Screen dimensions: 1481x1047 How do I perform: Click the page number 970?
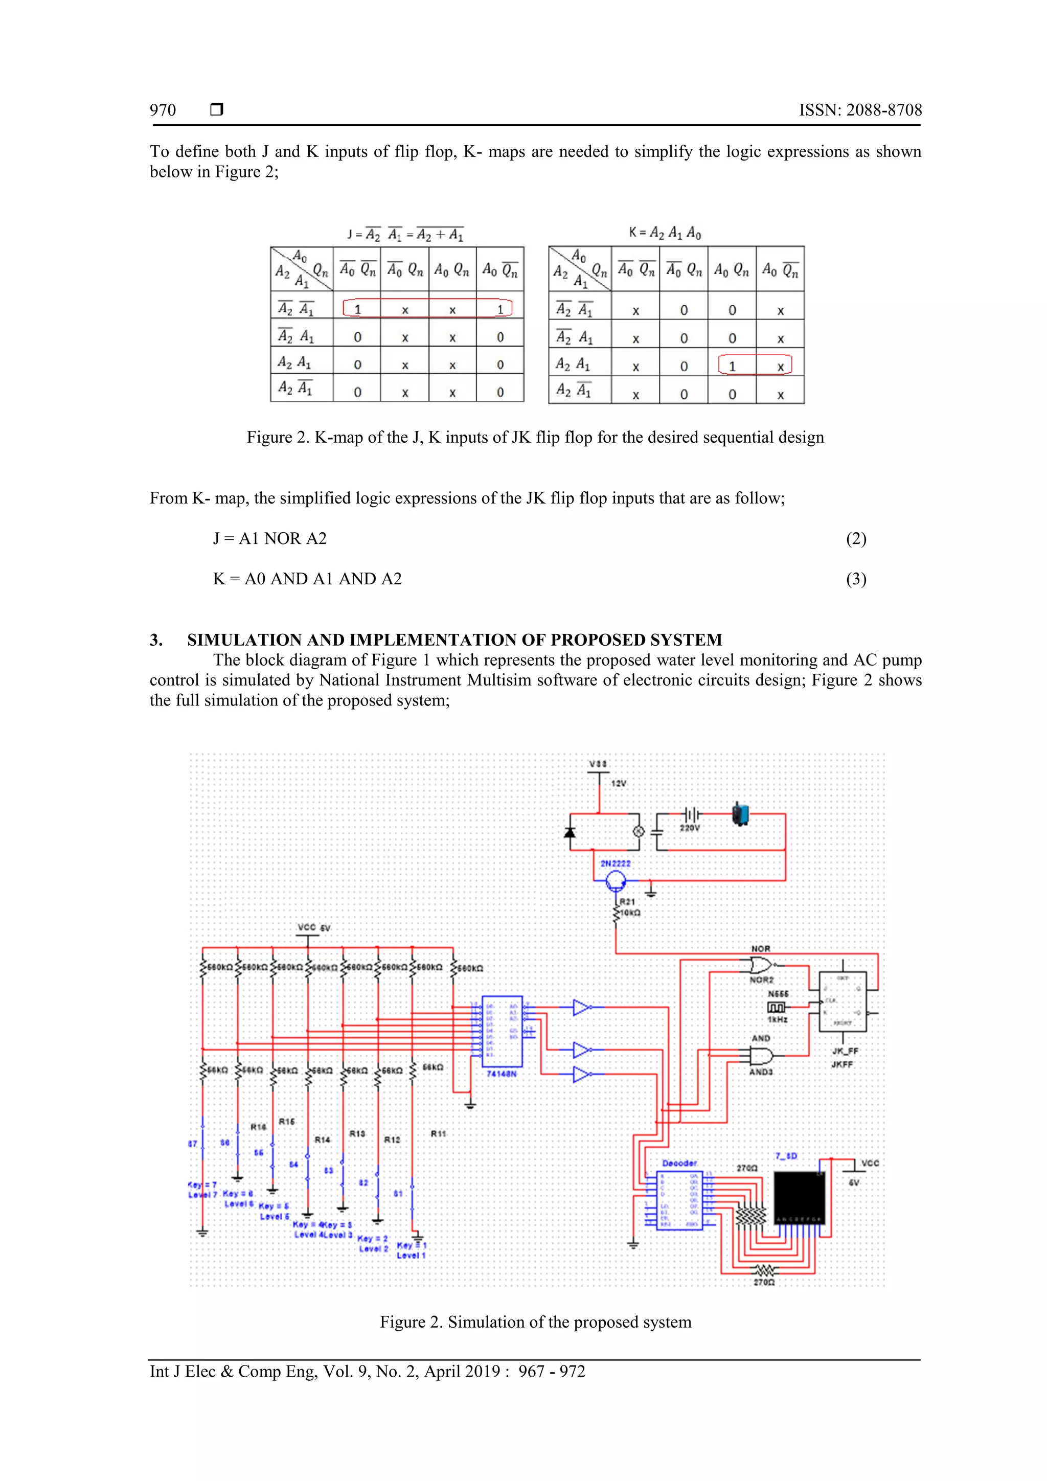[163, 110]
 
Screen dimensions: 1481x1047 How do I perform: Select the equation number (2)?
[856, 539]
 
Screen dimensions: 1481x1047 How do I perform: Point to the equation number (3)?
[856, 579]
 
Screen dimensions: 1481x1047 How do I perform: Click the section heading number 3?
[156, 640]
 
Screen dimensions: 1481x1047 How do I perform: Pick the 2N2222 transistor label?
[616, 863]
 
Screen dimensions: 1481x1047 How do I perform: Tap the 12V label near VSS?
[619, 783]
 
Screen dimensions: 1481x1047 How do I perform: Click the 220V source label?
[689, 828]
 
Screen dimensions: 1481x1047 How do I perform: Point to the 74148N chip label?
[501, 1074]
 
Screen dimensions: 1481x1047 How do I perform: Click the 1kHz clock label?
[778, 1020]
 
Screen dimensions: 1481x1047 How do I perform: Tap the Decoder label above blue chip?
[679, 1163]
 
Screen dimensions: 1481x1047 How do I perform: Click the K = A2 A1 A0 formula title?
[665, 233]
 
